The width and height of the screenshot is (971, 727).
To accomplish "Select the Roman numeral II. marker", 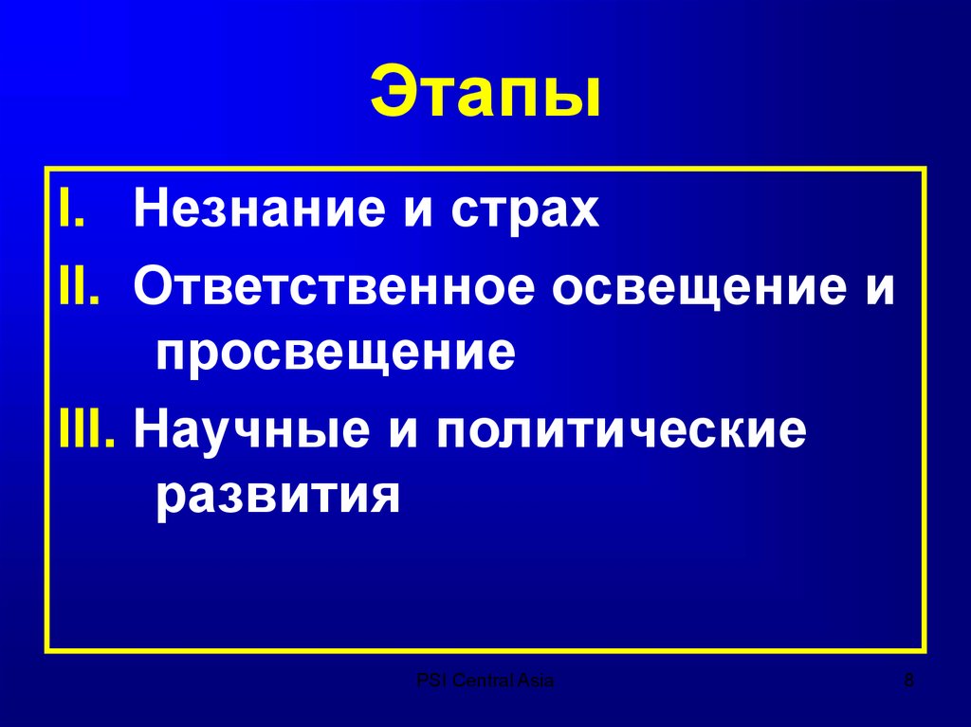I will pyautogui.click(x=80, y=285).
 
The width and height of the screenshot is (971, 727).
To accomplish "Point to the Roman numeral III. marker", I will pyautogui.click(x=87, y=432).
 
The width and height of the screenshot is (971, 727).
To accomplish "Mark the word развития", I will pyautogui.click(x=274, y=496).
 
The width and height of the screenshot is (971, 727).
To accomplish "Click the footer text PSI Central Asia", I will pyautogui.click(x=485, y=680).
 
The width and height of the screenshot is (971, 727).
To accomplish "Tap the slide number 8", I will pyautogui.click(x=910, y=680).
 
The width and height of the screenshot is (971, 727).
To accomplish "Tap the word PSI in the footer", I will pyautogui.click(x=429, y=680).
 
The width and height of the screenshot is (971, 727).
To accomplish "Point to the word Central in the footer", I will pyautogui.click(x=480, y=680).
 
